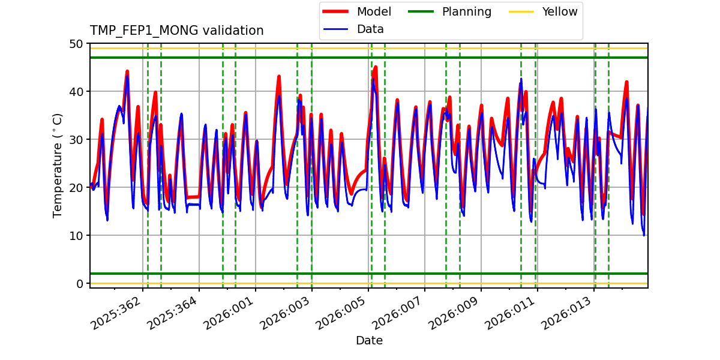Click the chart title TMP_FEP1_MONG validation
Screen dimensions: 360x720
(176, 31)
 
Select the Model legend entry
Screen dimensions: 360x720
(373, 11)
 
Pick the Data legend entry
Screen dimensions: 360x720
(370, 29)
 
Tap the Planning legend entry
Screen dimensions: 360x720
(466, 11)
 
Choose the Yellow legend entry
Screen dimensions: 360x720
(559, 11)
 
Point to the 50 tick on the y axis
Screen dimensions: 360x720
(77, 44)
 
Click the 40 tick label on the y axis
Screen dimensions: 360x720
(77, 92)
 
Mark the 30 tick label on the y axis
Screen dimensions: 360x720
(77, 140)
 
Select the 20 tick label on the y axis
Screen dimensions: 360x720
(77, 188)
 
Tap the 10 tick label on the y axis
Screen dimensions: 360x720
(77, 236)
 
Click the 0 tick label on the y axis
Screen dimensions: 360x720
(80, 284)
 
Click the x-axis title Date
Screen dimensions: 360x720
(369, 341)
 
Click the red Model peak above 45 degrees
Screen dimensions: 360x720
(376, 67)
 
